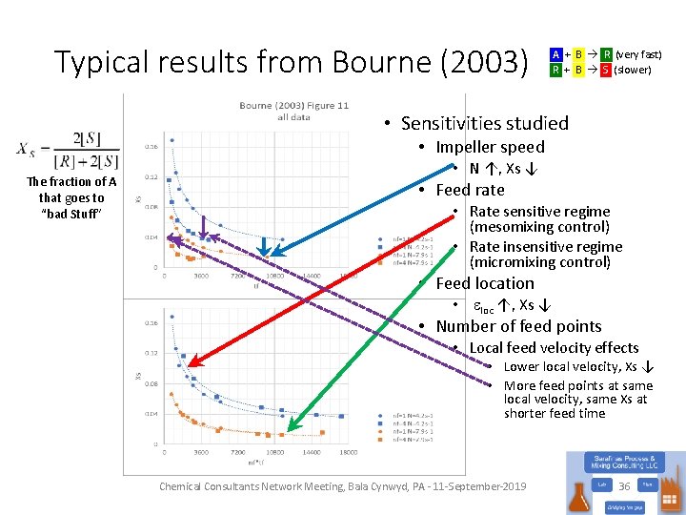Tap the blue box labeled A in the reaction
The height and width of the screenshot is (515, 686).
(555, 55)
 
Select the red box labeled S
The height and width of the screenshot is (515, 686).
(605, 70)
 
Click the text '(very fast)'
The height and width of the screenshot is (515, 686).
(638, 55)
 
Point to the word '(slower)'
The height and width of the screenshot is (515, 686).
(633, 70)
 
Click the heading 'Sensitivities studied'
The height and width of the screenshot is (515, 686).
(484, 123)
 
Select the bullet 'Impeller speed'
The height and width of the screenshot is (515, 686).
(490, 147)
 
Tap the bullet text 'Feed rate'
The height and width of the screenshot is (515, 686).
(470, 190)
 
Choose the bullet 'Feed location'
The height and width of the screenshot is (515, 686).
(485, 283)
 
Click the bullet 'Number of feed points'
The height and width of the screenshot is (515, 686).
(518, 326)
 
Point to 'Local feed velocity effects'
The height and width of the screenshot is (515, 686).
(554, 347)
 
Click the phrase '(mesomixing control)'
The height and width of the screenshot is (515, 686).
(539, 227)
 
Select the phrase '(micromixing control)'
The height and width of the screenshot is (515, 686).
(539, 262)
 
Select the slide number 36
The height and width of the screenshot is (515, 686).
(625, 485)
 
